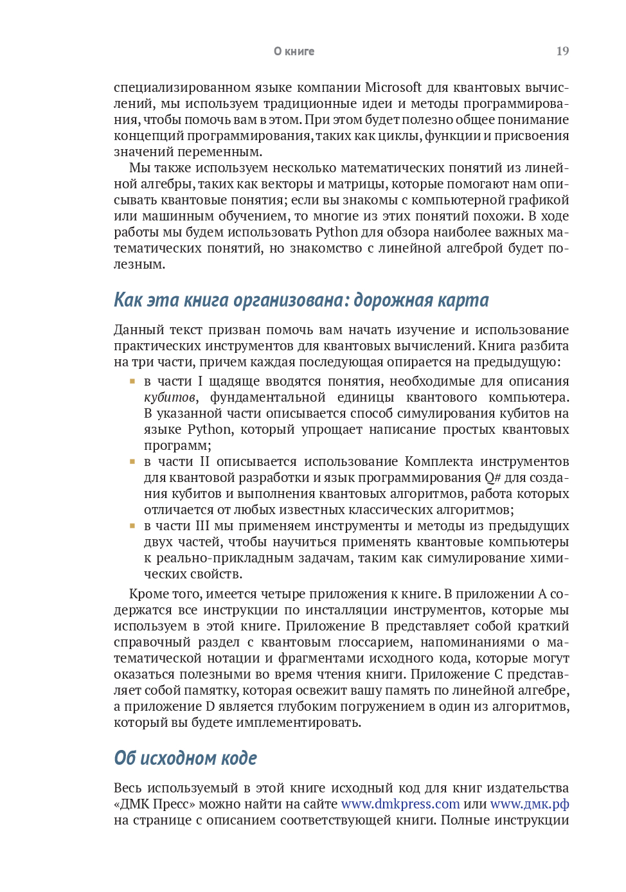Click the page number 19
pos(562,51)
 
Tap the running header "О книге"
pos(294,51)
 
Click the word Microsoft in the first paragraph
pos(393,87)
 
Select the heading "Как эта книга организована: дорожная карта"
pos(301,300)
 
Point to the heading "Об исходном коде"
pos(185,758)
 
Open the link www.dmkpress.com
pos(400,804)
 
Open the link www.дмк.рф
pos(529,804)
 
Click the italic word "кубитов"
pos(169,397)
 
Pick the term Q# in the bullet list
pos(492,477)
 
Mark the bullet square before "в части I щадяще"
pos(132,381)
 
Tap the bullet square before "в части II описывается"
pos(132,461)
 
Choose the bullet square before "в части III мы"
pos(132,526)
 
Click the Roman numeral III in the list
pos(202,526)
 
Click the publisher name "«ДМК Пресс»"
pos(154,804)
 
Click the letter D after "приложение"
pos(210,706)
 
